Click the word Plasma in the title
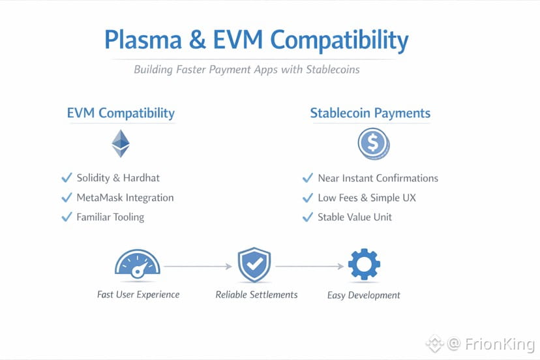(x=143, y=39)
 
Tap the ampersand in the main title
(x=198, y=39)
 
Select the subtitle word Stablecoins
(x=333, y=69)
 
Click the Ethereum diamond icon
(x=121, y=143)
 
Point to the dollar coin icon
(x=374, y=143)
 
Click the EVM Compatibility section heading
(x=121, y=113)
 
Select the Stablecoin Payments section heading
(x=370, y=113)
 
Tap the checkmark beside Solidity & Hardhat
(x=67, y=177)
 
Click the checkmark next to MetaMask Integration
(x=67, y=198)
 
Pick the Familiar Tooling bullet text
(x=110, y=217)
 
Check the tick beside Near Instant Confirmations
(x=308, y=178)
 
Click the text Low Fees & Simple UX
(x=367, y=198)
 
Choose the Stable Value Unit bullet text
(x=355, y=217)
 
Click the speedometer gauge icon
(x=138, y=263)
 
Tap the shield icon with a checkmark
(x=254, y=265)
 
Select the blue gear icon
(x=365, y=264)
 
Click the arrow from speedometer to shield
(x=198, y=266)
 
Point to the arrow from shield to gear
(x=310, y=266)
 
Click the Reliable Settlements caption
(x=256, y=295)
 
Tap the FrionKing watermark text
(x=500, y=344)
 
